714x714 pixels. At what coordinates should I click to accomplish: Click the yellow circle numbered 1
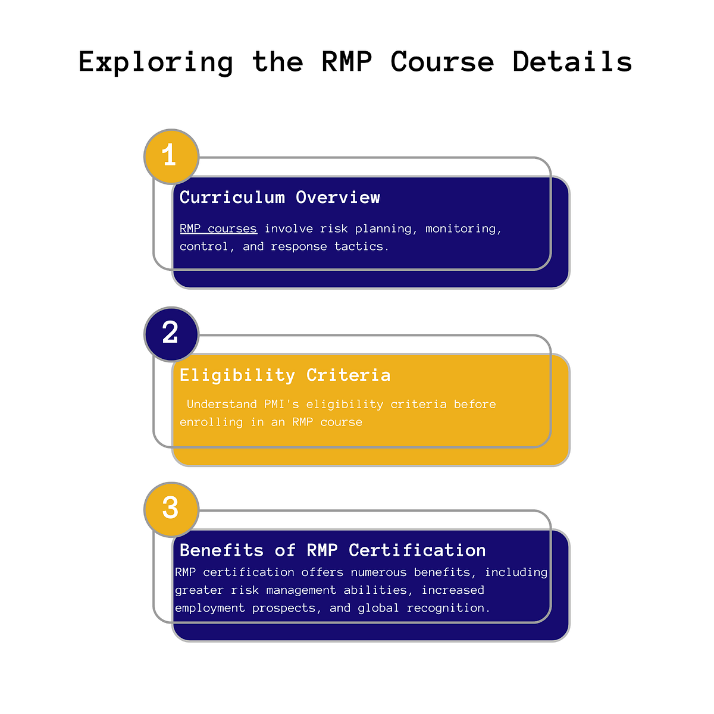tap(171, 156)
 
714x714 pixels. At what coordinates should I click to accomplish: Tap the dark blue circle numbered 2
tap(171, 334)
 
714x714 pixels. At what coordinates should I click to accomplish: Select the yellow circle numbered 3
tap(171, 509)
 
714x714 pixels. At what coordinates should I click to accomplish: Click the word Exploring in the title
tap(156, 62)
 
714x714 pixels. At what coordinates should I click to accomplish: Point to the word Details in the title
tap(572, 61)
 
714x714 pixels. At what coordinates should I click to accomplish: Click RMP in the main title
tap(347, 61)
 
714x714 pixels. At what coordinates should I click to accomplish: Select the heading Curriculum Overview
tap(280, 198)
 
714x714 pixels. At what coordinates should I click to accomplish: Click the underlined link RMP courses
tap(218, 228)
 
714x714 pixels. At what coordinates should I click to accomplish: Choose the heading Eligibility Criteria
tap(285, 375)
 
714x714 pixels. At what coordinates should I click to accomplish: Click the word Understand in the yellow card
tap(222, 404)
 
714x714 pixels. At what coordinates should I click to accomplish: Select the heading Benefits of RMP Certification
tap(333, 550)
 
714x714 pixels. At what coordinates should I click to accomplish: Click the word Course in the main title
tap(442, 61)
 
